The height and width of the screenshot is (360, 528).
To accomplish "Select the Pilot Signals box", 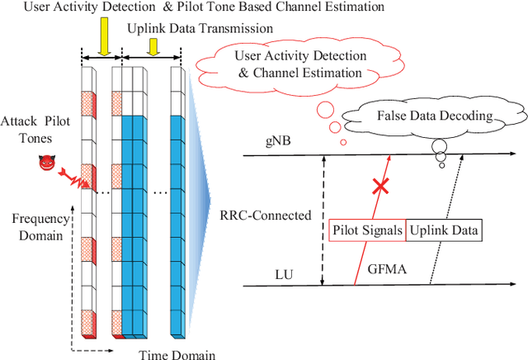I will (x=367, y=231).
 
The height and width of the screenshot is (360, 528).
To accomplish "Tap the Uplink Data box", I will (x=444, y=231).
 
